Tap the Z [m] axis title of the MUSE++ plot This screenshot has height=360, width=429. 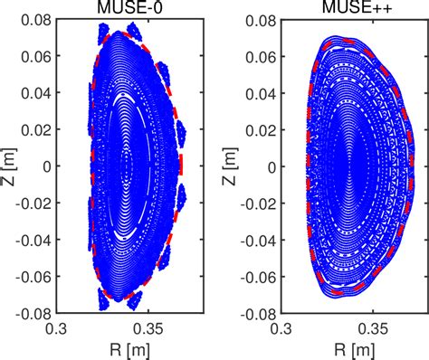click(233, 166)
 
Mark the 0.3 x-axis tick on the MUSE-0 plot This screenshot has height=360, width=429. click(67, 327)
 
